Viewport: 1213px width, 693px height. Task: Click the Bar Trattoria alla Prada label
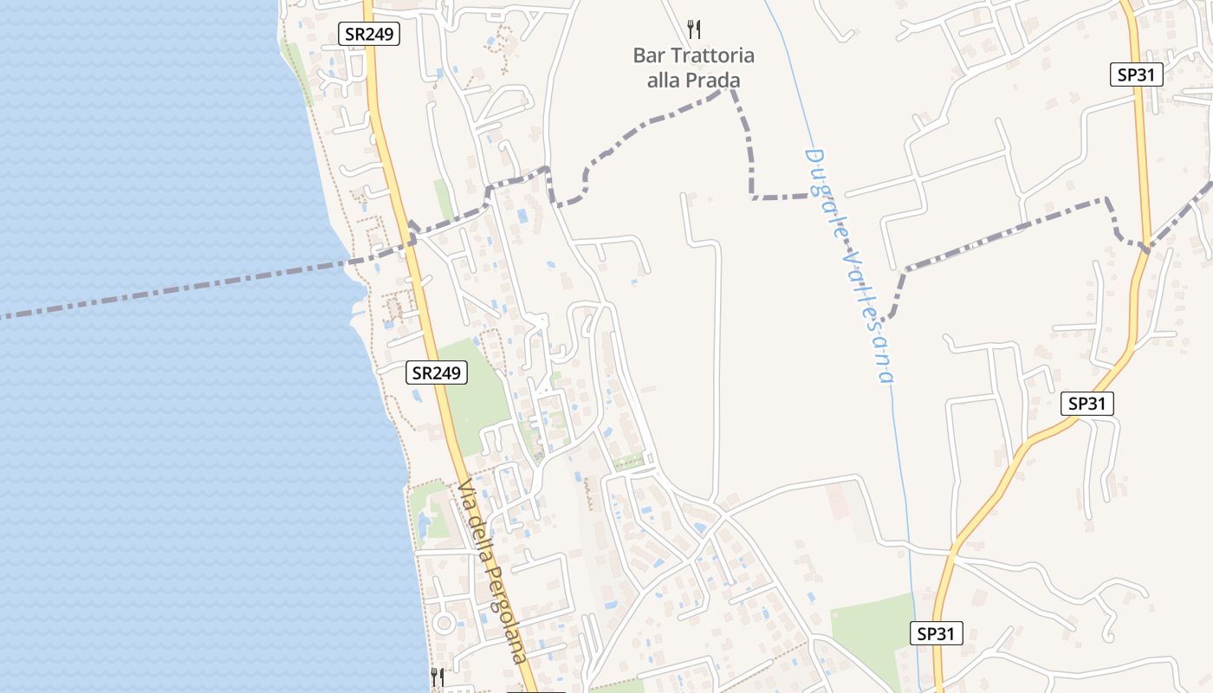(693, 68)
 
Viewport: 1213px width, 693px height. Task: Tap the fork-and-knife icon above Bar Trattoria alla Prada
(694, 29)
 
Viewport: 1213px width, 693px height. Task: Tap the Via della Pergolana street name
(491, 571)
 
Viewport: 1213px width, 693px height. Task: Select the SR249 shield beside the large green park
(437, 372)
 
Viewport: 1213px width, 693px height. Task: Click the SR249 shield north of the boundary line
(368, 35)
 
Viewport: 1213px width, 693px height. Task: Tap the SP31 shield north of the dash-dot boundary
(1136, 74)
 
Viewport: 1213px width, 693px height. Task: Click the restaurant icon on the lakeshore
(438, 677)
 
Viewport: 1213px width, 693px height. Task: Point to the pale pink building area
(839, 502)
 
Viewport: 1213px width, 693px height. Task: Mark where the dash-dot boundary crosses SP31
(1146, 249)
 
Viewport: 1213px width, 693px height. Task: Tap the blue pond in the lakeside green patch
(425, 523)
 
